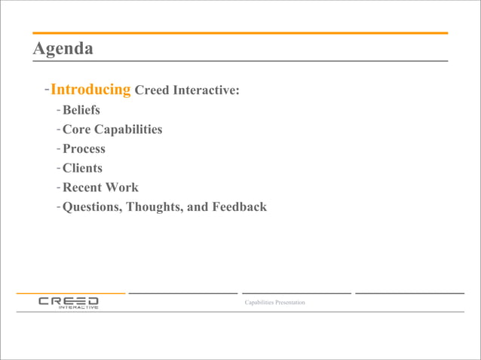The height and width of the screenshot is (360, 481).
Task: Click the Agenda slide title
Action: click(x=63, y=49)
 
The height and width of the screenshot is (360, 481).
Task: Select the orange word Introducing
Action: click(x=90, y=90)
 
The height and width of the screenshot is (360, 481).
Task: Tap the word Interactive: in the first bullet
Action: click(x=207, y=90)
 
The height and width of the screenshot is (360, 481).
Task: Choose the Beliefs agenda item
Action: click(x=81, y=110)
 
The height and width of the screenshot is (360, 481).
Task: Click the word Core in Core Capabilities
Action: click(x=77, y=130)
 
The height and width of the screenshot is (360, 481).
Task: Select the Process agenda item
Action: click(x=84, y=149)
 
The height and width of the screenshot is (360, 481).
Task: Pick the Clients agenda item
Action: click(x=82, y=168)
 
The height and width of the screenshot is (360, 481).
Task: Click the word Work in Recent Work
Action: click(x=123, y=188)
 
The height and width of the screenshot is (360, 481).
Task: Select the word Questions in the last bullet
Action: click(x=93, y=207)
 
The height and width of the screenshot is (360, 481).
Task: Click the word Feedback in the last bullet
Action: click(x=238, y=207)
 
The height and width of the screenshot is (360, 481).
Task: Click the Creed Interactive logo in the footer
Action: click(x=69, y=303)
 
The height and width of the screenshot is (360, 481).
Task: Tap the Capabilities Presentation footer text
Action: click(x=275, y=303)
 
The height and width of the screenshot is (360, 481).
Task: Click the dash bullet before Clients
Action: click(x=57, y=169)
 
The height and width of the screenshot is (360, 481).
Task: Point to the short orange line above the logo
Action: click(x=70, y=292)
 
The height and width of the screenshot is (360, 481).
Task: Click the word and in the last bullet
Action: click(x=197, y=207)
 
